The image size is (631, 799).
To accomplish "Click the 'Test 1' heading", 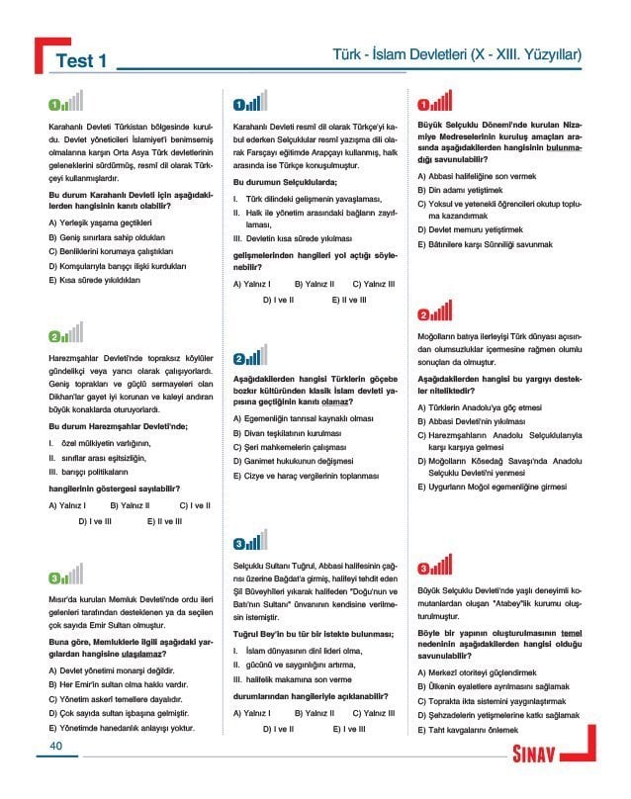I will click(x=81, y=60).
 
